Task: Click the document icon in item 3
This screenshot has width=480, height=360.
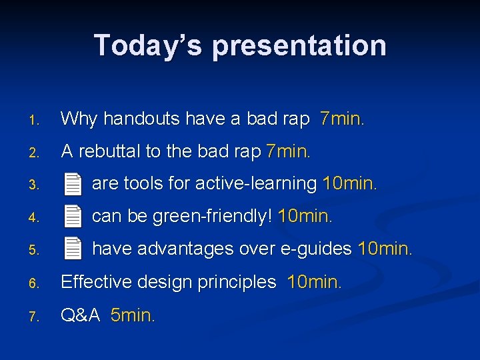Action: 73,183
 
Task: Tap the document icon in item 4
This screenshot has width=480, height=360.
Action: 73,216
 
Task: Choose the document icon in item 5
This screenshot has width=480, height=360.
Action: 73,249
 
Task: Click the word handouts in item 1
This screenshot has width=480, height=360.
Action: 141,119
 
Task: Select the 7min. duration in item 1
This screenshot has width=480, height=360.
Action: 342,119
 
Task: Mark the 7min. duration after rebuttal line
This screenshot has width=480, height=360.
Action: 288,151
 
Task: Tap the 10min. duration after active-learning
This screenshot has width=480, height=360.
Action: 349,183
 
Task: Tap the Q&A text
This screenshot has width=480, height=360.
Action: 80,315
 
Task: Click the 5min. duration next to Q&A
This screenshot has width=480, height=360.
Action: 133,315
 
